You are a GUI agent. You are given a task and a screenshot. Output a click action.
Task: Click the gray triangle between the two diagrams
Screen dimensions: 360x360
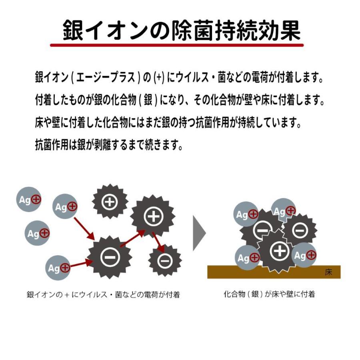(199, 234)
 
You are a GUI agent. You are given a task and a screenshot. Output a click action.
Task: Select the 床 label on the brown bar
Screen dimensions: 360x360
(328, 272)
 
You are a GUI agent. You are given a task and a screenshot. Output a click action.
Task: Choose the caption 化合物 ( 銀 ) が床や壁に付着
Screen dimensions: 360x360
(269, 294)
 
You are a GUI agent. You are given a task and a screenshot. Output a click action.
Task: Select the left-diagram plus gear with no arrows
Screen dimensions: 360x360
(110, 202)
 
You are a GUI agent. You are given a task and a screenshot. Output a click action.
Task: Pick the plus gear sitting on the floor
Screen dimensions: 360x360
(279, 251)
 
